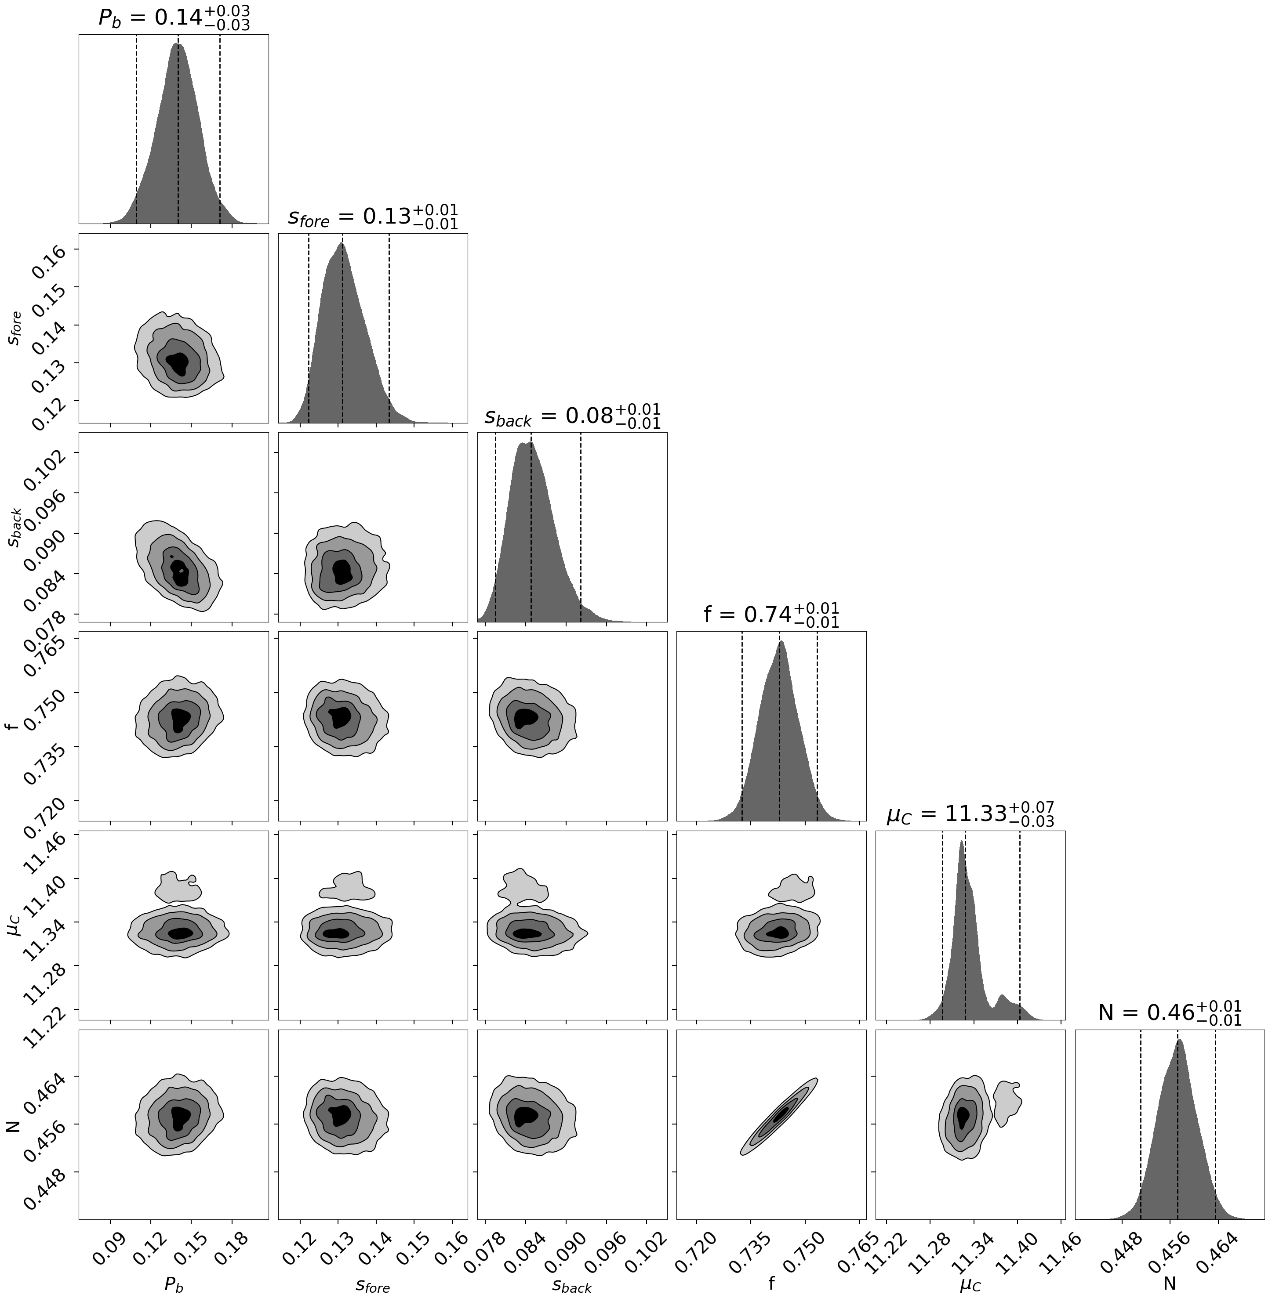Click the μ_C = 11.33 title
[970, 814]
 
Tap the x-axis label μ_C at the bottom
[970, 1284]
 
